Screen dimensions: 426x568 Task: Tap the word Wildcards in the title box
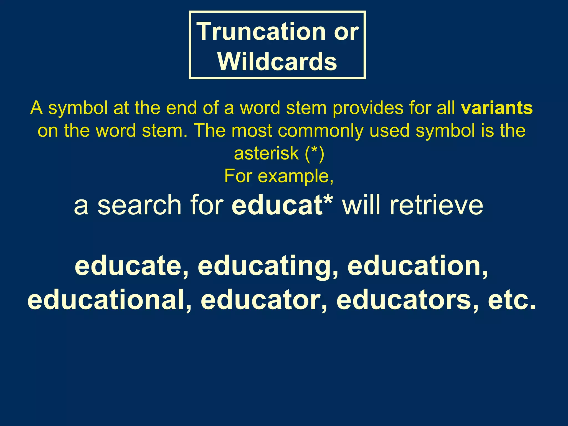pos(277,62)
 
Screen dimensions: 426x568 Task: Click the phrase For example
pos(278,176)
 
